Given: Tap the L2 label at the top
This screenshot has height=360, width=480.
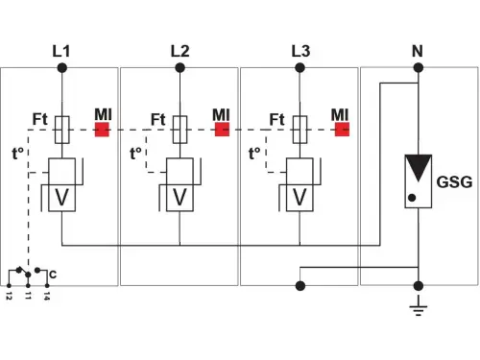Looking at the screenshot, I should click(x=180, y=50).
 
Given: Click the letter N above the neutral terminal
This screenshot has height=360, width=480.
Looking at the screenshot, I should click(x=418, y=50).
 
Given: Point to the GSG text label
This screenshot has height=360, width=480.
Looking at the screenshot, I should click(x=454, y=180).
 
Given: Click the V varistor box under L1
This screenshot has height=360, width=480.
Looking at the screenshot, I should click(x=61, y=197).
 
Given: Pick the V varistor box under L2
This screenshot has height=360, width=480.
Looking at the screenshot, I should click(x=180, y=197).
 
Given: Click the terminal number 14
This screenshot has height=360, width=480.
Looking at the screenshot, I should click(x=46, y=297).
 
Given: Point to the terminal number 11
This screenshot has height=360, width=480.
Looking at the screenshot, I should click(x=29, y=297).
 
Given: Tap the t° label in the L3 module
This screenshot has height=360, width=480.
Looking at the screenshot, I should click(x=256, y=153).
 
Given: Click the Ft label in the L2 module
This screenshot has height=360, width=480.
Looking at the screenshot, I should click(x=159, y=119).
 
